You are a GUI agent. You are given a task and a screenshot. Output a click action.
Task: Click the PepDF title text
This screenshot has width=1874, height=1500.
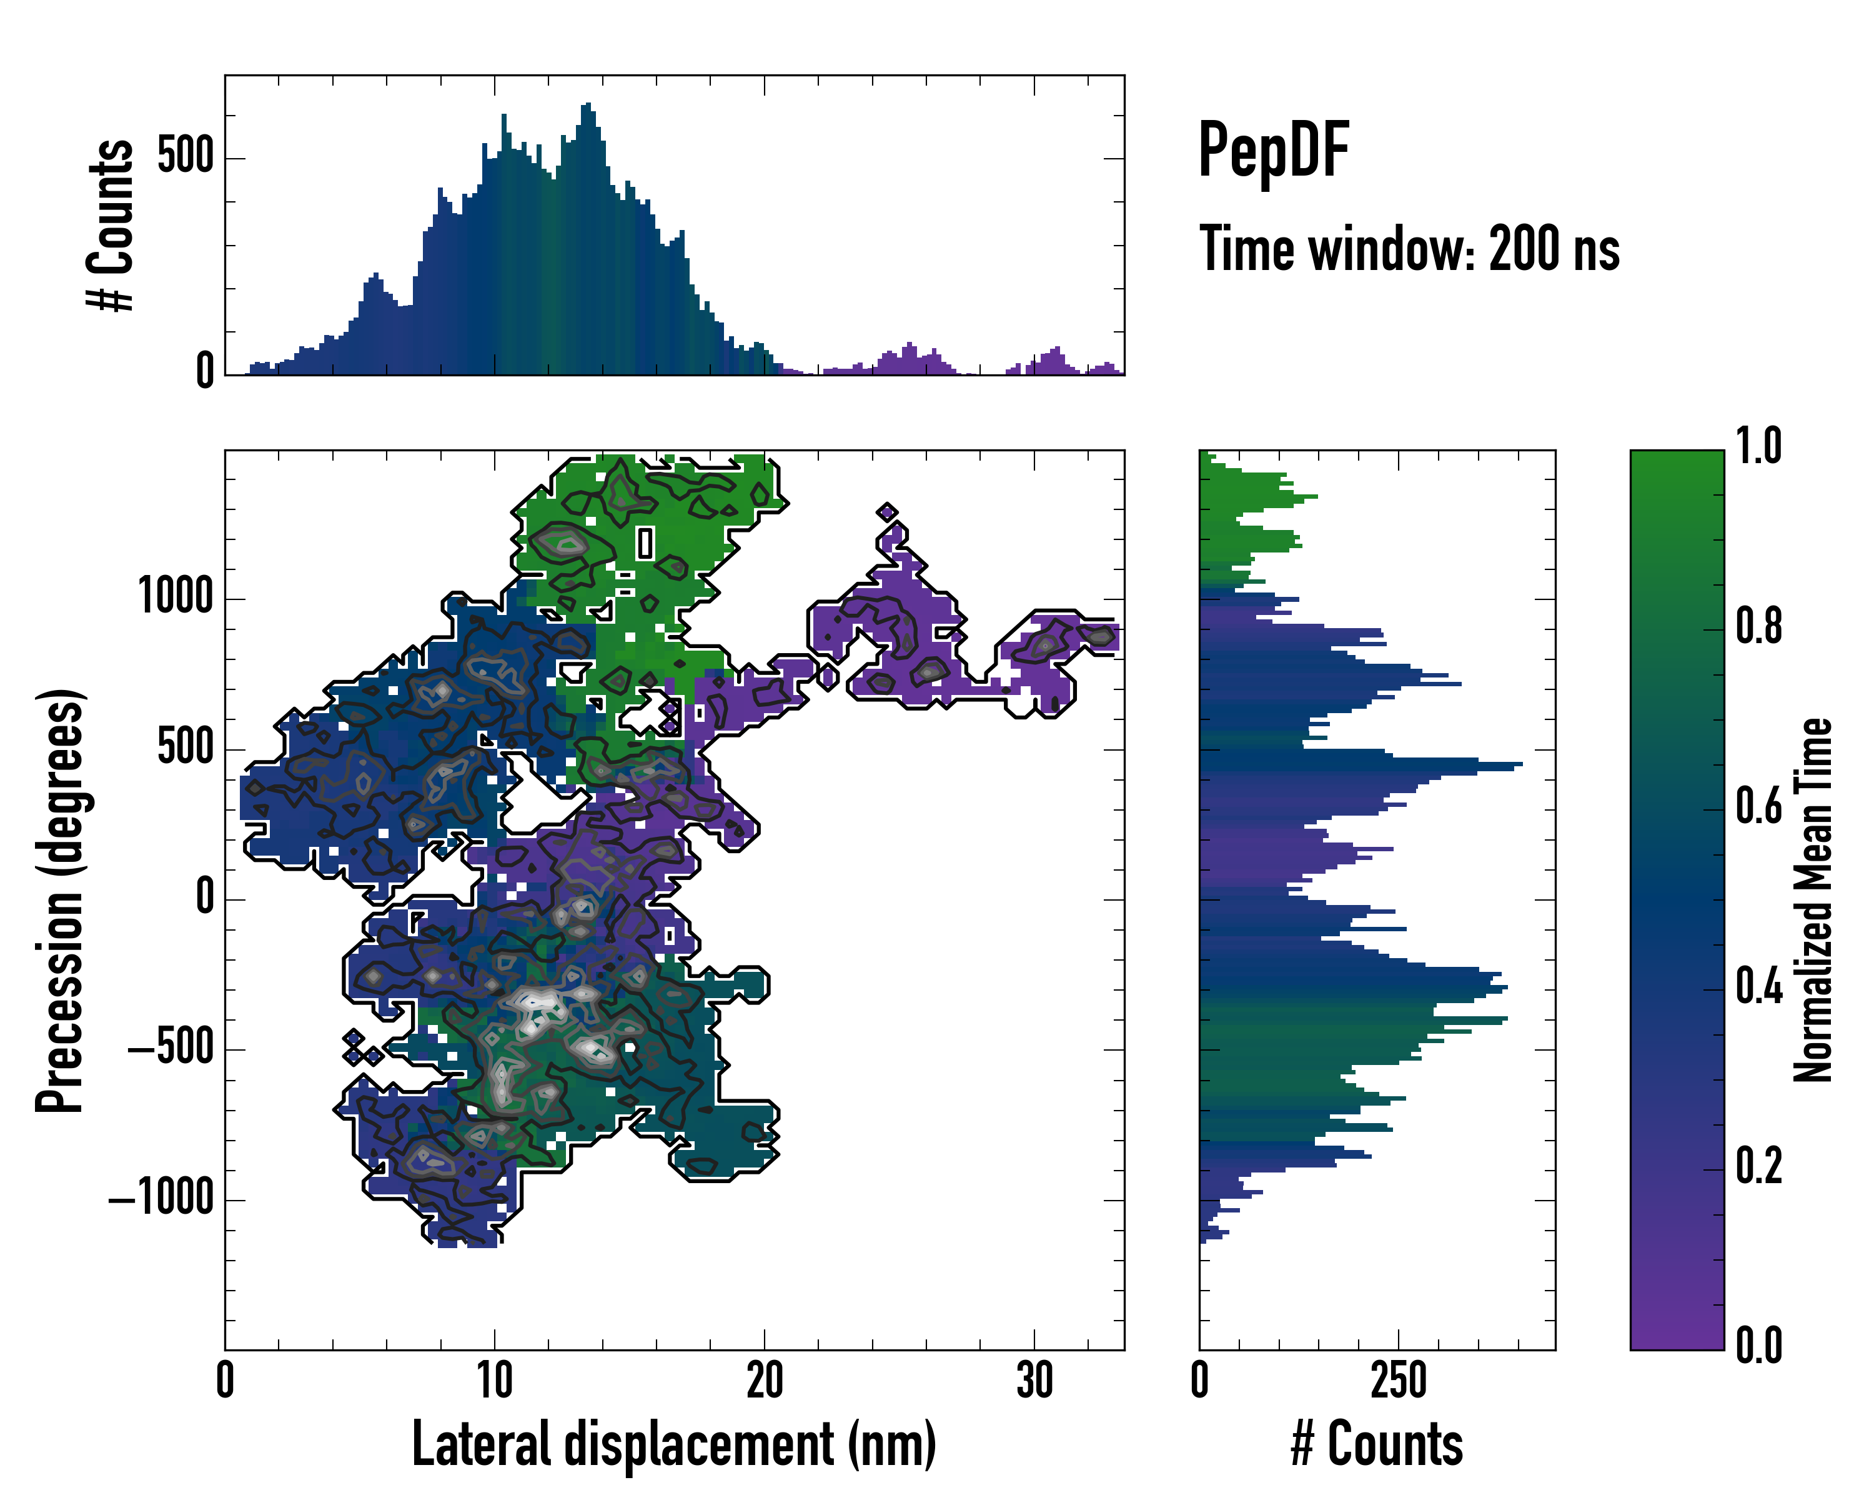1272,151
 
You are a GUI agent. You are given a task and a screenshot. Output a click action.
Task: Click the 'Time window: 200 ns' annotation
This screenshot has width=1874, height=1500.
1409,249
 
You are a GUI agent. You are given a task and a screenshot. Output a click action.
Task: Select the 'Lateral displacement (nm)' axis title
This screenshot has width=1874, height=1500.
673,1444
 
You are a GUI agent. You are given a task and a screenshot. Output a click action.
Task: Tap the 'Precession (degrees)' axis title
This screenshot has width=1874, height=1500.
61,901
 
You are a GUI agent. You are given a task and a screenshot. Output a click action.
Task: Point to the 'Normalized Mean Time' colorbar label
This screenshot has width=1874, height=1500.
1813,900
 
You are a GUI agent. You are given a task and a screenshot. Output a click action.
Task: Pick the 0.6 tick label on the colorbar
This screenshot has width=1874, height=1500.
1758,807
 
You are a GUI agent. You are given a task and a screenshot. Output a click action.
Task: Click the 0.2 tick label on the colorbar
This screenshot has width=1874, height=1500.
1758,1166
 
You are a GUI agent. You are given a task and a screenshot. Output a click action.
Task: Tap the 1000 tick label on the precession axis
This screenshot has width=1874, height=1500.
176,598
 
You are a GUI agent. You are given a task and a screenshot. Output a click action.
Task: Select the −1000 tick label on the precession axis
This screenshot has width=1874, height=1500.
162,1199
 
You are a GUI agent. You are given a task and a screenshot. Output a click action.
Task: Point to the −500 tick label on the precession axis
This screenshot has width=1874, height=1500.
171,1049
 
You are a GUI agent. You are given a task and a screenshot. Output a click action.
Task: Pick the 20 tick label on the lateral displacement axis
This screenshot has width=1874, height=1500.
764,1380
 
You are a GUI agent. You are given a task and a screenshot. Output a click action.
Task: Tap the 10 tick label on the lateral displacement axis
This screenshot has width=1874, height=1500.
495,1380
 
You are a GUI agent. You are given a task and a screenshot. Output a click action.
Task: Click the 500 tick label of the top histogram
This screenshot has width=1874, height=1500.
185,157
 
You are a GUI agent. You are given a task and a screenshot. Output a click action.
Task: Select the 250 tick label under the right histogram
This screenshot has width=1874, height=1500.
1399,1380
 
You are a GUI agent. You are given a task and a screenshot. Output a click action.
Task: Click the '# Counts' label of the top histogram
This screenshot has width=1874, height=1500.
111,225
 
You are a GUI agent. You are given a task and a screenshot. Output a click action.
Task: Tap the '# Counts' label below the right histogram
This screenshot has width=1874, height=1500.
1377,1444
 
